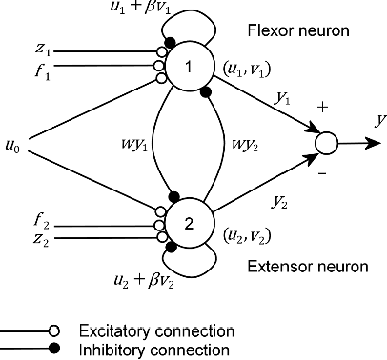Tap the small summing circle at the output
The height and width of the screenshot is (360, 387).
[326, 144]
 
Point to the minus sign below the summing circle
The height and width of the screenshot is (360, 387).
[321, 174]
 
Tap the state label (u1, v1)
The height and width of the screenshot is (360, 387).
[244, 70]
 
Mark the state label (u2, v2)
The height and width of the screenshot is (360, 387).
[244, 232]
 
